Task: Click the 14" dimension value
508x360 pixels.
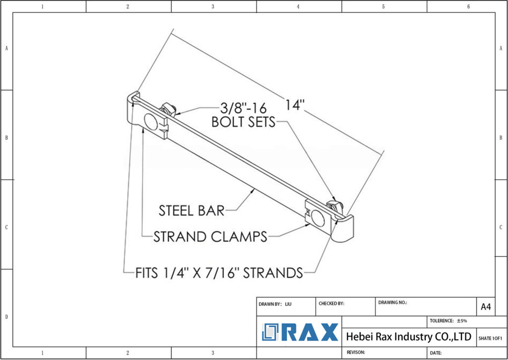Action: click(x=294, y=105)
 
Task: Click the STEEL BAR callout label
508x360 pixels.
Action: click(x=191, y=211)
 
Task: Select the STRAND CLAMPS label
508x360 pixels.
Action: click(x=210, y=237)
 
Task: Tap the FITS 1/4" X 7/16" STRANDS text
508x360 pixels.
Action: click(x=219, y=273)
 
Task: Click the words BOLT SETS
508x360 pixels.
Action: click(x=243, y=122)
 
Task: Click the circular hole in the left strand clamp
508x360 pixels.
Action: click(x=150, y=121)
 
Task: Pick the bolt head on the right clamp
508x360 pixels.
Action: click(x=332, y=205)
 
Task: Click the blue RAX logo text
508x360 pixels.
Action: click(x=310, y=332)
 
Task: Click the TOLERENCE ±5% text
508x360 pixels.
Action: click(x=448, y=321)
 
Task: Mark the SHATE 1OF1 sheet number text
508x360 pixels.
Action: click(x=490, y=338)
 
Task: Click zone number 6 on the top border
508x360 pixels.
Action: click(x=468, y=6)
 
